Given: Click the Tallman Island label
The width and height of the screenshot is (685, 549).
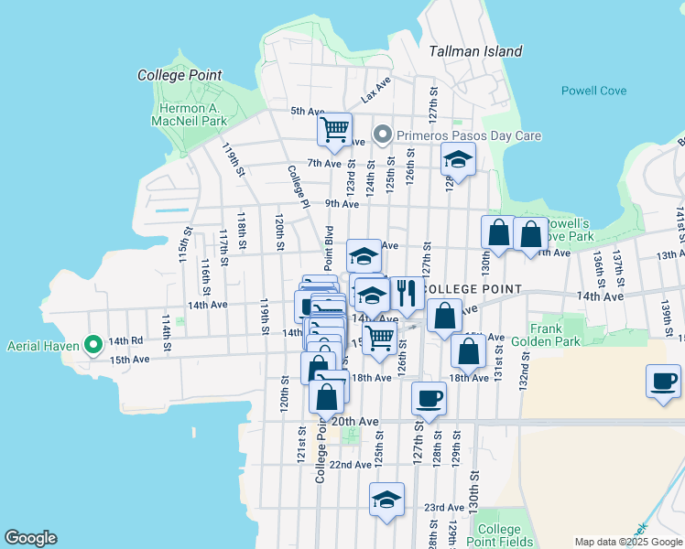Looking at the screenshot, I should pyautogui.click(x=476, y=52).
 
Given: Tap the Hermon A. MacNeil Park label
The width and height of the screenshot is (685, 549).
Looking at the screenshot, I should pyautogui.click(x=189, y=113).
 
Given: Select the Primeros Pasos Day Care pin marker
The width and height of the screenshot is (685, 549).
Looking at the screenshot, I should pyautogui.click(x=383, y=136).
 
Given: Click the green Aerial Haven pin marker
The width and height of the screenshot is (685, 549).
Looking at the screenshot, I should pyautogui.click(x=92, y=345).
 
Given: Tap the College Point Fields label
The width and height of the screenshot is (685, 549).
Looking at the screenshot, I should pyautogui.click(x=499, y=535).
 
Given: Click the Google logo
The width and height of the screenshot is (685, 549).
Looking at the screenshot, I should pyautogui.click(x=30, y=538).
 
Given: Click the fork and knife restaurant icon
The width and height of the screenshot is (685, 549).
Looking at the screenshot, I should pyautogui.click(x=406, y=293).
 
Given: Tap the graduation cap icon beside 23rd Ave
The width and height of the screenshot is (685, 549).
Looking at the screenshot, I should pyautogui.click(x=387, y=500).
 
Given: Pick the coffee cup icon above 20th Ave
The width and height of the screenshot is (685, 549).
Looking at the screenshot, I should pyautogui.click(x=429, y=397).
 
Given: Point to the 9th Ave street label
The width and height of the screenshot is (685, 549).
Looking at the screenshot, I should pyautogui.click(x=342, y=204).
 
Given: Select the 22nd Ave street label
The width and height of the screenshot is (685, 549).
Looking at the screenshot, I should pyautogui.click(x=351, y=465).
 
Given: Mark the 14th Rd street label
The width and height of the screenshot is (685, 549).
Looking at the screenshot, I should pyautogui.click(x=126, y=340).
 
